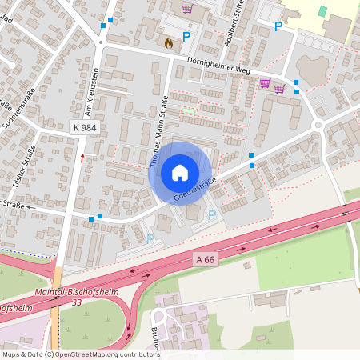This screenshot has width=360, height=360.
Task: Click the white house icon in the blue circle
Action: coord(180,172)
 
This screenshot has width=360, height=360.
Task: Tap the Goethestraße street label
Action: coord(196,189)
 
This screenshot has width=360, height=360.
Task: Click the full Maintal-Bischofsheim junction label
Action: coord(77,292)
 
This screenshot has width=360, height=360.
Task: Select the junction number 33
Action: coord(77,302)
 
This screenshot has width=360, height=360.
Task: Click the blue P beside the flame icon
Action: coord(187,37)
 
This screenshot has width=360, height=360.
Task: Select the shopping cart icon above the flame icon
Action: coord(187,10)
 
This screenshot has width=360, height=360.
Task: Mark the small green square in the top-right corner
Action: coord(322,11)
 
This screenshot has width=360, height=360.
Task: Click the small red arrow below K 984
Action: coord(82,158)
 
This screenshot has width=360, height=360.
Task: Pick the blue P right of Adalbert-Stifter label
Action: coord(278,26)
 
